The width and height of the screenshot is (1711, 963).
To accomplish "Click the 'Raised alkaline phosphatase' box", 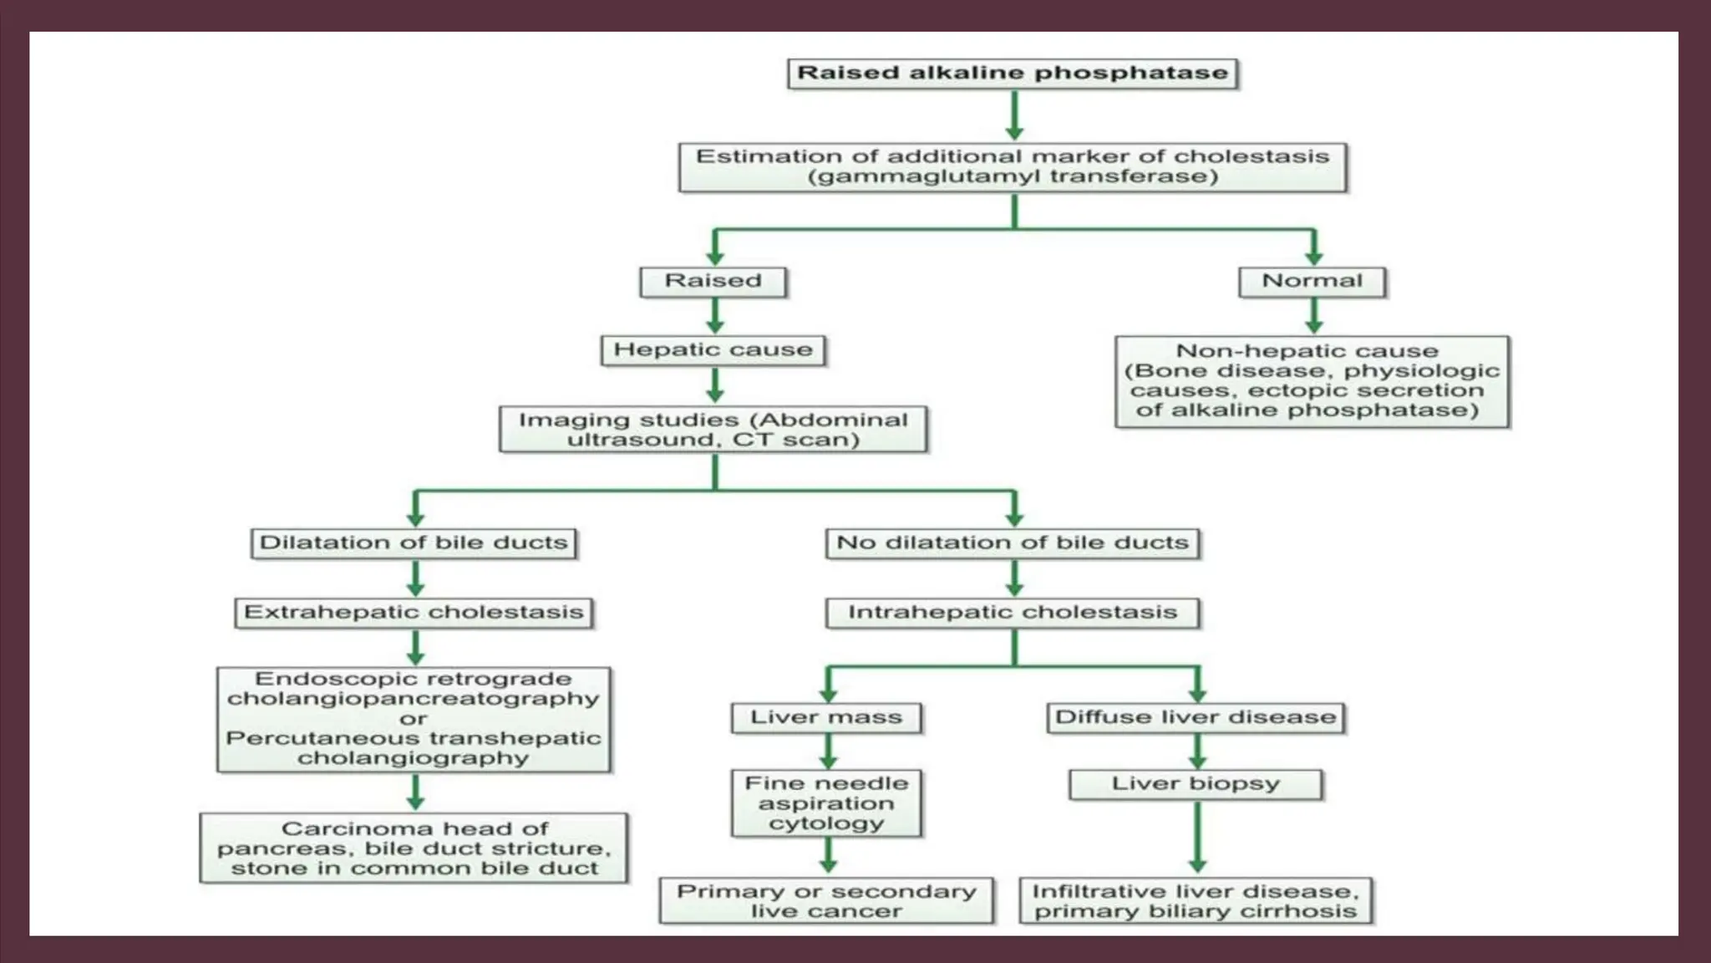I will coord(1013,73).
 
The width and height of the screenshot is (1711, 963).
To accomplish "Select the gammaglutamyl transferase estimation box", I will coord(1013,166).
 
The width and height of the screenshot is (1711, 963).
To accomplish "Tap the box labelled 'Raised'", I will coord(713,281).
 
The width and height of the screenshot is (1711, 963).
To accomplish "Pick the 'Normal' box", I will coord(1312,281).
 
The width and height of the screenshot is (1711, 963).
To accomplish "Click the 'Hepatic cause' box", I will coord(713,349).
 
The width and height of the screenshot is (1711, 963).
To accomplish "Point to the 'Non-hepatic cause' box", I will coord(1312,381).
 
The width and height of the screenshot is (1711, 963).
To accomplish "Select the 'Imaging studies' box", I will coord(713,429).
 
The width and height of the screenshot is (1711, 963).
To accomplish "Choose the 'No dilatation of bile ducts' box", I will coord(1013,543).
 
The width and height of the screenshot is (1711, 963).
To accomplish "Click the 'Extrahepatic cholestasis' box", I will coord(414,612).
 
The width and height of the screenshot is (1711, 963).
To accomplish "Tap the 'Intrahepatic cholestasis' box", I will coord(1013,612).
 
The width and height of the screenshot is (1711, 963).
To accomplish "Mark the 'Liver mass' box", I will coord(826,717).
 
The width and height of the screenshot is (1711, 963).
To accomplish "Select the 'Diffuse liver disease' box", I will coord(1196,717).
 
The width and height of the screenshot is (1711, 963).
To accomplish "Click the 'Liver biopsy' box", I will coord(1196,784).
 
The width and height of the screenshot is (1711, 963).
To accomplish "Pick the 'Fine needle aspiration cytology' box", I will coord(826,803).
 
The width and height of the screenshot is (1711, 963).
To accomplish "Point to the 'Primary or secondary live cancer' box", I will coord(826,901).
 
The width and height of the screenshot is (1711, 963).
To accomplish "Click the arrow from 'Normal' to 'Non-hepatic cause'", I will coord(1313,316).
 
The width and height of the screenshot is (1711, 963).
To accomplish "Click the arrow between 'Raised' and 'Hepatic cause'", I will coord(715,316).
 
